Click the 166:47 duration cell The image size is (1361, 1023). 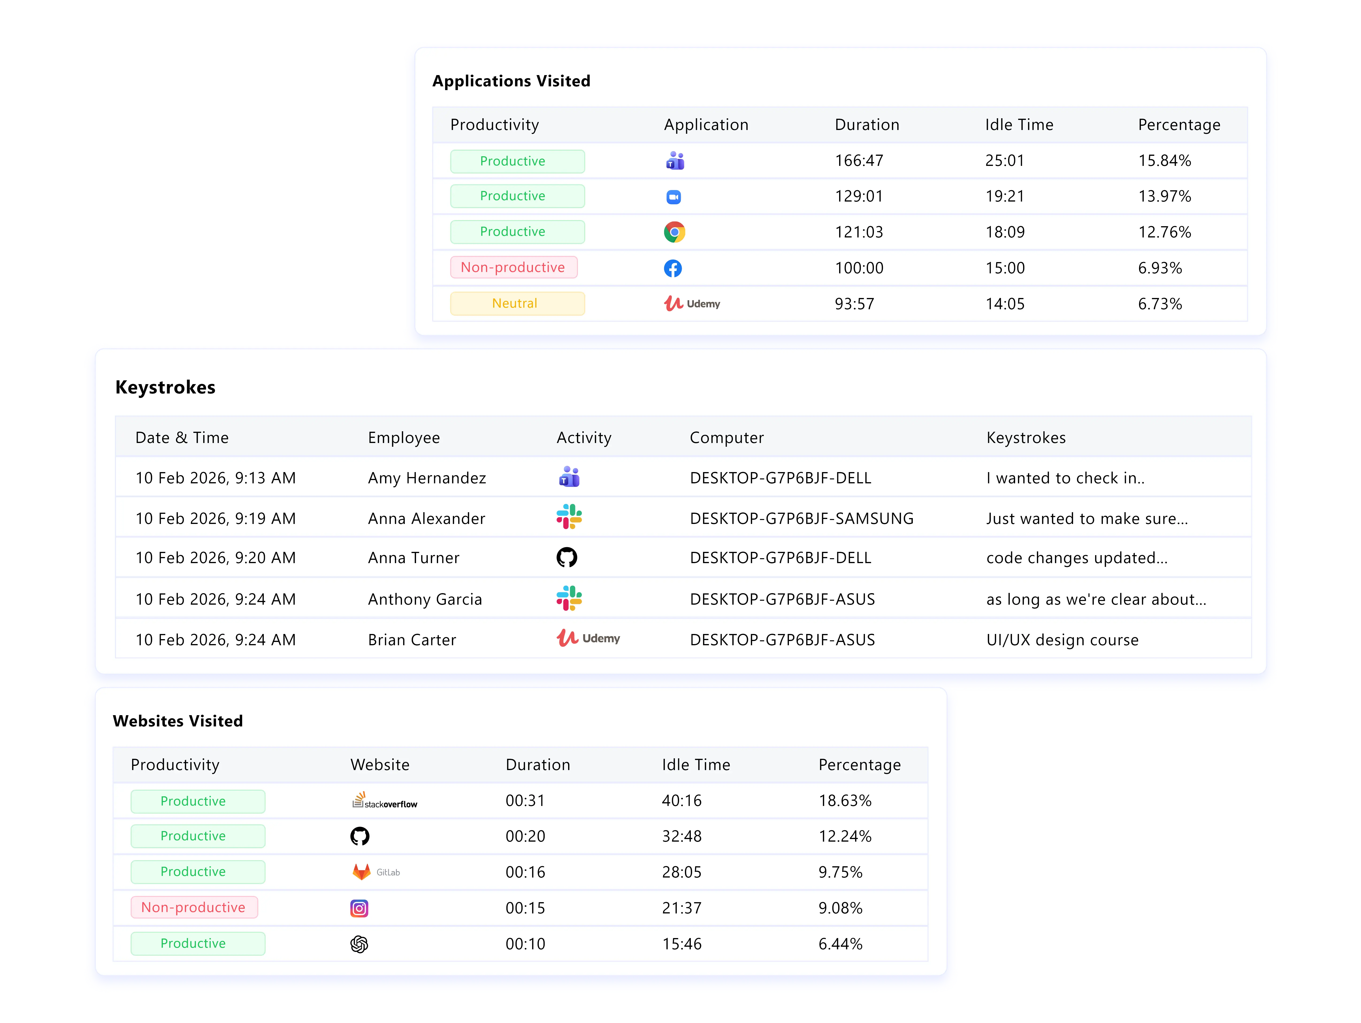coord(859,160)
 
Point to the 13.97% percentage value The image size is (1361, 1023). coord(1164,196)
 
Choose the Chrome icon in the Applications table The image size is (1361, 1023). coord(674,232)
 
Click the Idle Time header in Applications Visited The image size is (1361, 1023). coord(1019,125)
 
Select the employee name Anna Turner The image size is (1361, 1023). coord(413,558)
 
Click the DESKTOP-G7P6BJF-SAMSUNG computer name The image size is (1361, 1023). coord(801,519)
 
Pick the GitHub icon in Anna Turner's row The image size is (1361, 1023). coord(567,557)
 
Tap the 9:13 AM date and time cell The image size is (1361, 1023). coord(215,478)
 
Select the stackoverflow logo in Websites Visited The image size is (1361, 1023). coord(385,800)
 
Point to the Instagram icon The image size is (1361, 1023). coord(359,908)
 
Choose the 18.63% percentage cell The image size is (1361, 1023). coord(845,800)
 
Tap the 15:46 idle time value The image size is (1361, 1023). coord(682,944)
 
